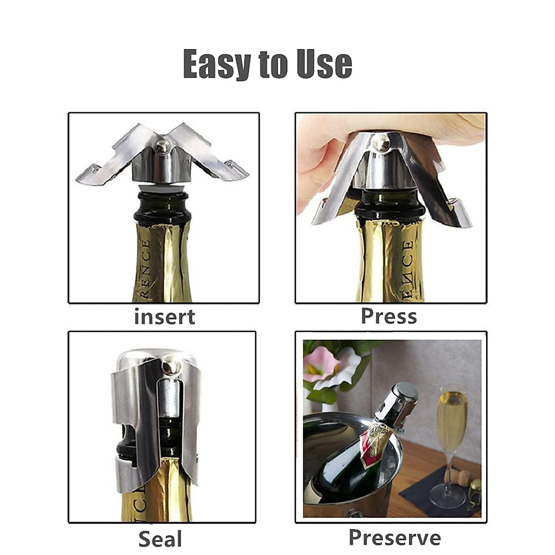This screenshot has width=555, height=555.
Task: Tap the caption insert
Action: (164, 317)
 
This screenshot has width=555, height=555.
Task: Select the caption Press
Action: (388, 317)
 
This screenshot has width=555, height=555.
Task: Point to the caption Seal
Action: (160, 539)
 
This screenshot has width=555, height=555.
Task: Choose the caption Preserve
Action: (395, 537)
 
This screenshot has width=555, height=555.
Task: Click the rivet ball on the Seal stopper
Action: (172, 368)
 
